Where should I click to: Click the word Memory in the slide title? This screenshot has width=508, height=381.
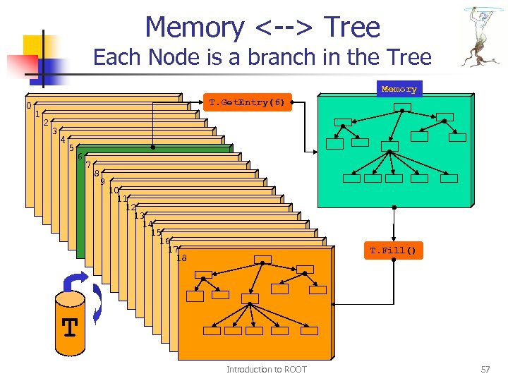click(195, 28)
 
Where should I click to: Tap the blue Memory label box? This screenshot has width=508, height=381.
click(399, 89)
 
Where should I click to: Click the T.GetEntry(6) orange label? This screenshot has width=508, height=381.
click(247, 103)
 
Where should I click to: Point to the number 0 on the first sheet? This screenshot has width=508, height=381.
click(28, 106)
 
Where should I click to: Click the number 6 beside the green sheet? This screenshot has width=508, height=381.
click(80, 157)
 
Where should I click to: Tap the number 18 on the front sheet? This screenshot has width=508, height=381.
click(181, 258)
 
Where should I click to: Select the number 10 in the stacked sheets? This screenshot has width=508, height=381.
click(113, 190)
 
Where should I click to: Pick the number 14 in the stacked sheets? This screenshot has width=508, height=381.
click(147, 224)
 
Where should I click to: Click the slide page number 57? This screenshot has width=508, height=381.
click(485, 370)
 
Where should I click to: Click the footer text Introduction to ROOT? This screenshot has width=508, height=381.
click(266, 370)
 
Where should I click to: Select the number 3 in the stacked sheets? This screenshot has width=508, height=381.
click(54, 131)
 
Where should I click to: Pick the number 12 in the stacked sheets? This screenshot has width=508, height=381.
click(130, 207)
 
